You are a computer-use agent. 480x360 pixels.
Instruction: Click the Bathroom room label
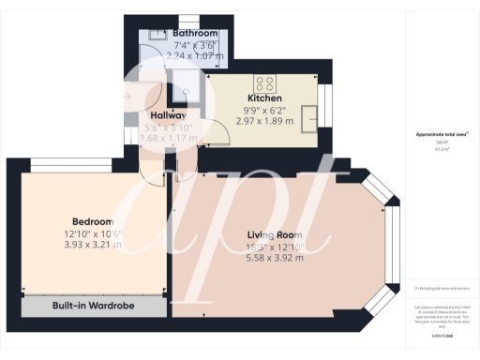pos(183,32)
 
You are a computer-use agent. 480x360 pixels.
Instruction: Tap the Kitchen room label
pos(265,97)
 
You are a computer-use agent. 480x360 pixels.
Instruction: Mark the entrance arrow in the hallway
pos(128,96)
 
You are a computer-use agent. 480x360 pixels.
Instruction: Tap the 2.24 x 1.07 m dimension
pos(183,55)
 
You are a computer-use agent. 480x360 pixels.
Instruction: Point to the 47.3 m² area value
pos(441,149)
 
